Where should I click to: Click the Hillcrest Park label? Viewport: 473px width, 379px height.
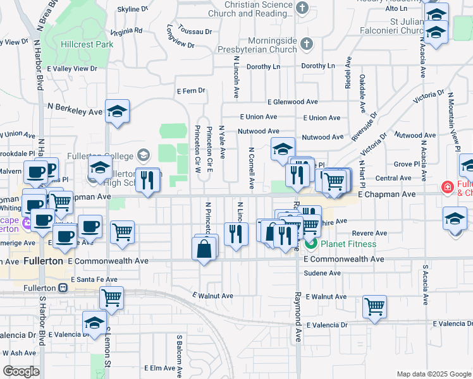[87, 44]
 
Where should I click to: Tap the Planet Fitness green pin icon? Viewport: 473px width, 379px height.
[310, 244]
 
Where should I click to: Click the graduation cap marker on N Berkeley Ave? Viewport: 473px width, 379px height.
[117, 111]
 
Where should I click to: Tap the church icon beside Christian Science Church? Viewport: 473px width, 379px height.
[302, 8]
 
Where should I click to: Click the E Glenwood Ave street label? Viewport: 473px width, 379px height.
[292, 102]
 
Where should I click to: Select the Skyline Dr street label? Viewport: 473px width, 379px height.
[133, 9]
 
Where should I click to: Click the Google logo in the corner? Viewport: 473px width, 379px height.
[21, 371]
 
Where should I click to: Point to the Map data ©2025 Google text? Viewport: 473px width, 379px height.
[433, 374]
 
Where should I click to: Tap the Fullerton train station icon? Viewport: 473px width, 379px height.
[63, 288]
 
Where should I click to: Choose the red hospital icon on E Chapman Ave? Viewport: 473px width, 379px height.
[447, 188]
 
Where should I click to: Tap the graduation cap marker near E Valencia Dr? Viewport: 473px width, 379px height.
[94, 322]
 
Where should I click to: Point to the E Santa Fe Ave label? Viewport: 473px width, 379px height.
[94, 279]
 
